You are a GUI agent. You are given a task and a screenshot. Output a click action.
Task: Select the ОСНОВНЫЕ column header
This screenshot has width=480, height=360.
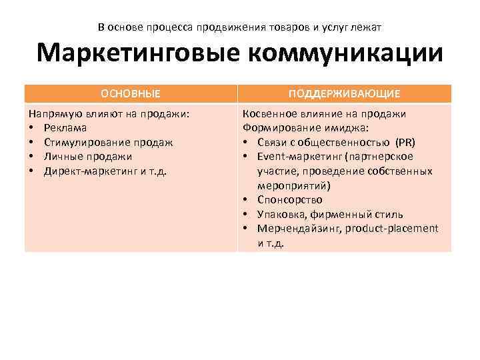(131, 93)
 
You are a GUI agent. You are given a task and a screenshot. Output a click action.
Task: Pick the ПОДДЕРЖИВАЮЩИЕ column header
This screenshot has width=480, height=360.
(344, 93)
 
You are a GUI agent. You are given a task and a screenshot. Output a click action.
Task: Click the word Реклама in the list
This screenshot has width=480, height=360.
(65, 127)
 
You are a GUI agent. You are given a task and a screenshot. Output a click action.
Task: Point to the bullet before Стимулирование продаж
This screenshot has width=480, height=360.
(33, 142)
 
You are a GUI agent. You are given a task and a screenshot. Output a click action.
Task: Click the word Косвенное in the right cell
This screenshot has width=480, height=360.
(267, 113)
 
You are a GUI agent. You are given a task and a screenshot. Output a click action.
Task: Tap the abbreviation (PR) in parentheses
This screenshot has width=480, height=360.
(405, 142)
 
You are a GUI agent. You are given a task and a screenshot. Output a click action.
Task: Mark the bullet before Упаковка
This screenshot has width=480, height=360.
(246, 215)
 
